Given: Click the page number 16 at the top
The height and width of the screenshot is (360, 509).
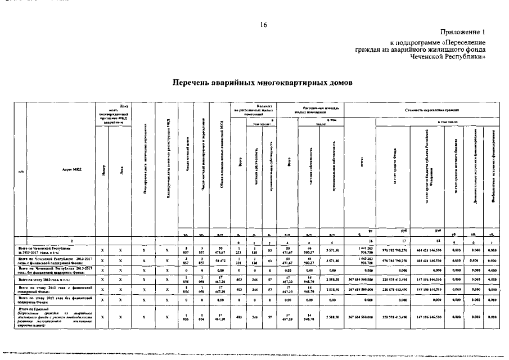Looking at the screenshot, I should (264, 25).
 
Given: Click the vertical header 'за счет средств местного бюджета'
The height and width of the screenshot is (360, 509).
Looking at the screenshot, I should (455, 169).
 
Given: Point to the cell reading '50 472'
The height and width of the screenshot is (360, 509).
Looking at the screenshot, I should (220, 260).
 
